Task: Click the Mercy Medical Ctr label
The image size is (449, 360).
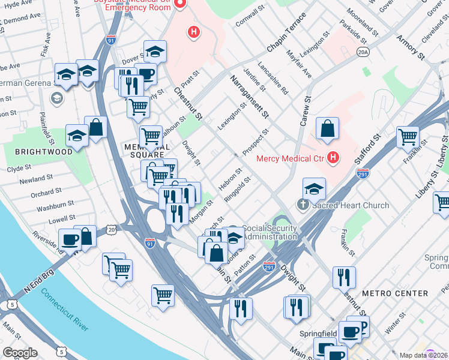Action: click(291, 159)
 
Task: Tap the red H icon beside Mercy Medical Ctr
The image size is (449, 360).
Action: click(334, 159)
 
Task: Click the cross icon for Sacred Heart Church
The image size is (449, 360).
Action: click(303, 205)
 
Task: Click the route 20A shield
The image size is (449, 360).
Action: click(362, 53)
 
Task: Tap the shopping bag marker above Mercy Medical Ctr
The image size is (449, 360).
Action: click(327, 128)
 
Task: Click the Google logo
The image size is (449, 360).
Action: click(20, 353)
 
